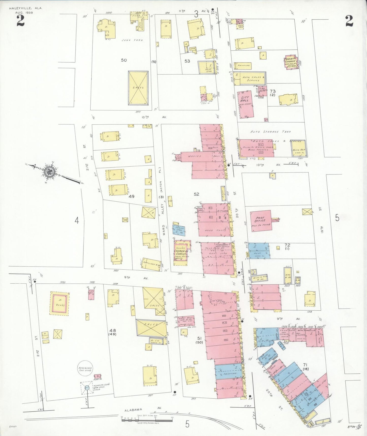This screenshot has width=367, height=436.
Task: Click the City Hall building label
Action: [x=245, y=99]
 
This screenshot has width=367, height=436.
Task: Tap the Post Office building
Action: [x=261, y=221]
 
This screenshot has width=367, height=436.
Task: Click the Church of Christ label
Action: [x=181, y=253]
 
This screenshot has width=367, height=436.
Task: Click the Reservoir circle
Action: [x=85, y=369]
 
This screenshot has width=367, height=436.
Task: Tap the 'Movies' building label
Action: [x=195, y=156]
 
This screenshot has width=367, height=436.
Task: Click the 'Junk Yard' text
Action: [x=132, y=40]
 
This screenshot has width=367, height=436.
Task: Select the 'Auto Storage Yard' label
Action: [x=270, y=132]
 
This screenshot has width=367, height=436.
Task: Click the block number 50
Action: [x=124, y=60]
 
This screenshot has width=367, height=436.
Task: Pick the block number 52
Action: [x=196, y=194]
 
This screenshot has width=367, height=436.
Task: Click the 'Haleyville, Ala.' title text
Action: [x=26, y=8]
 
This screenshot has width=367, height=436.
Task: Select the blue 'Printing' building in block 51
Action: [x=229, y=372]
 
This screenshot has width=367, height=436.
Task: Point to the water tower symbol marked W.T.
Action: [x=86, y=388]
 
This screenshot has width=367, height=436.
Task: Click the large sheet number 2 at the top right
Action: [x=349, y=21]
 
